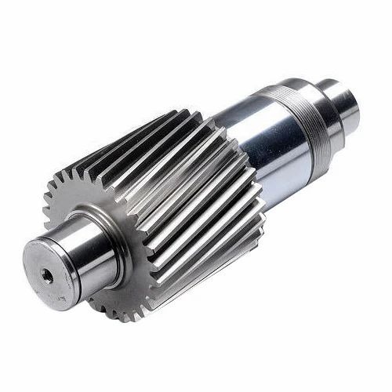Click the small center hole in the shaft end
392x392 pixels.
click(47, 274)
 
